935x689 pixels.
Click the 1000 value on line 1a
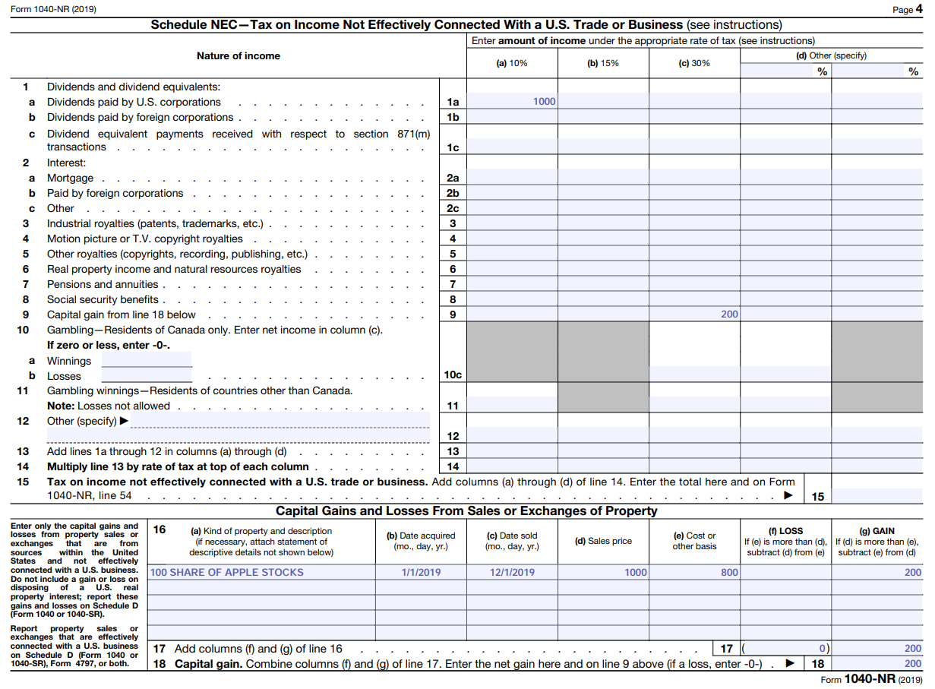click(544, 102)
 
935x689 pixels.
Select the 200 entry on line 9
click(729, 314)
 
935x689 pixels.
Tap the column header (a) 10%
click(512, 63)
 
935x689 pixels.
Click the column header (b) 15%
click(603, 63)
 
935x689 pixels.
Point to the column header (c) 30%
click(694, 63)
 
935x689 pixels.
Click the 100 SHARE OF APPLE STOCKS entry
click(226, 572)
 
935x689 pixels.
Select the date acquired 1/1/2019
click(422, 572)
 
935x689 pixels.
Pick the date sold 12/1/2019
click(513, 572)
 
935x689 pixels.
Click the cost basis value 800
click(729, 572)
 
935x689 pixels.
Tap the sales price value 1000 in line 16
click(636, 572)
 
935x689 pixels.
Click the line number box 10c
click(453, 375)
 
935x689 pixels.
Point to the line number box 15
click(818, 497)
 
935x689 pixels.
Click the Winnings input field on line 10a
click(147, 360)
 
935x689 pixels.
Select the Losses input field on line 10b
click(147, 375)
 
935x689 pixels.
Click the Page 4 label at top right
click(908, 9)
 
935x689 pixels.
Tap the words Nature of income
click(238, 55)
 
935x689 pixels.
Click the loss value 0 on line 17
click(822, 649)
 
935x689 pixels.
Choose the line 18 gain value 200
click(912, 663)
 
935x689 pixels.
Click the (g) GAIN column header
click(877, 531)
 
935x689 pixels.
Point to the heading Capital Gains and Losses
click(466, 510)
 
